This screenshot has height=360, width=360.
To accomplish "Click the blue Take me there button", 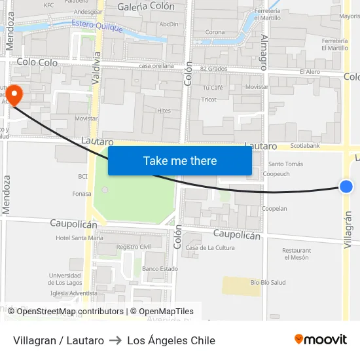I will [180, 160].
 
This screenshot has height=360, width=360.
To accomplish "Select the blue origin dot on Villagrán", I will [346, 187].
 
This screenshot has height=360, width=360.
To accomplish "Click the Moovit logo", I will [321, 339].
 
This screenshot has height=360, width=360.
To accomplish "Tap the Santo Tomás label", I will [286, 164].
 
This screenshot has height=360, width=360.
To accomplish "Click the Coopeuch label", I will [276, 174].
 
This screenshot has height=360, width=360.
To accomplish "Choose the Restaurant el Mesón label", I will [296, 254].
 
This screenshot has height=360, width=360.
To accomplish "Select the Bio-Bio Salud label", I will [268, 282].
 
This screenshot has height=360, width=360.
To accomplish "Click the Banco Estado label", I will [160, 268].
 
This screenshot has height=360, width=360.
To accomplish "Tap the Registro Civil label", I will [134, 247].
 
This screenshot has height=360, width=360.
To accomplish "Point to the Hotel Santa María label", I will [79, 238].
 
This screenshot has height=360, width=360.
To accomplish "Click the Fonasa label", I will [82, 194].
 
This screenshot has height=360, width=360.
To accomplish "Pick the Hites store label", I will [164, 111].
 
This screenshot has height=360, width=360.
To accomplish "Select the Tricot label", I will [209, 99].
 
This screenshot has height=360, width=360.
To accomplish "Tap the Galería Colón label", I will [146, 7].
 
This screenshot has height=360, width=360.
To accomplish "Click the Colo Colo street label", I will [37, 63].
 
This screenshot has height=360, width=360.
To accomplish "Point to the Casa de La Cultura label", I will [210, 247].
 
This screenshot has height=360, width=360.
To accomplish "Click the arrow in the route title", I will [115, 340].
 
